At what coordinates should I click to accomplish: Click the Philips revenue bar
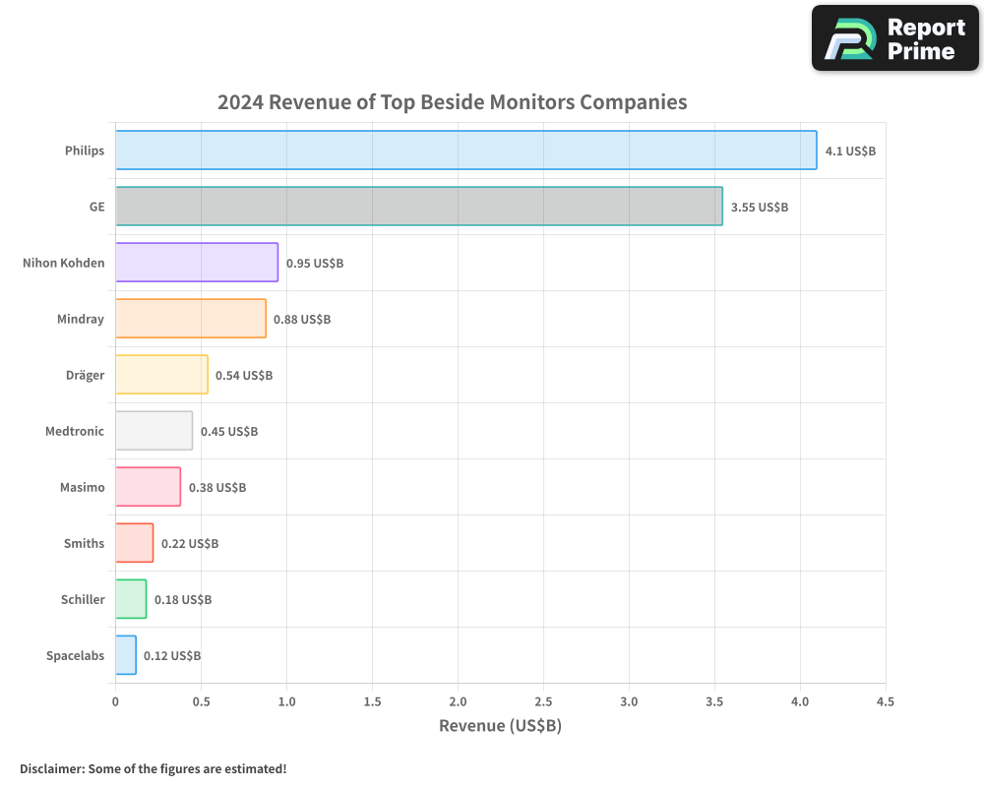tap(465, 151)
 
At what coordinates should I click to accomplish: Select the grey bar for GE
tap(418, 207)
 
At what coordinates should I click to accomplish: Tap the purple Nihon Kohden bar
tap(197, 263)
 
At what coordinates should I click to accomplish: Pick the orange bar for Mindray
tap(190, 319)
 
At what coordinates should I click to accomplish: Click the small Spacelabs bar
tap(126, 655)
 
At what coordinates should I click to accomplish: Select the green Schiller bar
tap(131, 599)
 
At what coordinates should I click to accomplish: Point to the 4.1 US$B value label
tap(850, 151)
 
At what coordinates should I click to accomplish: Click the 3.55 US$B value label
tap(759, 208)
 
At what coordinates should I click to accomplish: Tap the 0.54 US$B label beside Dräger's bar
tap(244, 376)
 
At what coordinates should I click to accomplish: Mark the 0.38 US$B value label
tap(217, 488)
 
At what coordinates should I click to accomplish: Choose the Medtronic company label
tap(75, 431)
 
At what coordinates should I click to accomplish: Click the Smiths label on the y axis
tap(84, 543)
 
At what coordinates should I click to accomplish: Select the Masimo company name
tap(81, 487)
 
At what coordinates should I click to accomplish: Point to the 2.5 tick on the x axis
tap(543, 702)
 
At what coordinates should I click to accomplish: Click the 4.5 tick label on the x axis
tap(885, 702)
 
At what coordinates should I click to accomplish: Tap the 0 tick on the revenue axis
tap(115, 702)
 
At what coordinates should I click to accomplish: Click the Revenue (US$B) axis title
tap(500, 726)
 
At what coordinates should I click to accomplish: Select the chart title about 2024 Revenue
tap(452, 102)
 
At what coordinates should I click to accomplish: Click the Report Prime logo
tap(894, 38)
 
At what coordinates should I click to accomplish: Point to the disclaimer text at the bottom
tap(154, 768)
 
